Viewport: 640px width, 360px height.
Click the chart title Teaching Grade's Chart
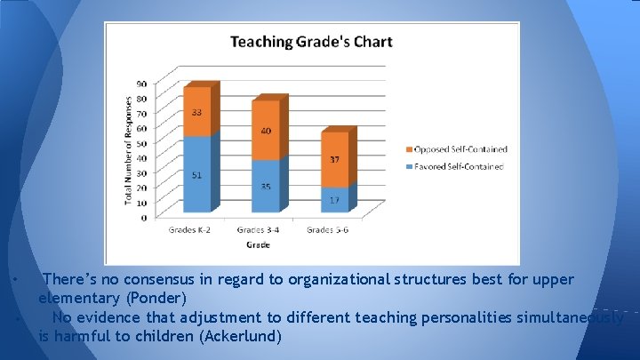[311, 42]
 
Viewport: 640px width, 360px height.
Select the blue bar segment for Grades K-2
[196, 174]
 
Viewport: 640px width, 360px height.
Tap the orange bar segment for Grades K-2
[196, 112]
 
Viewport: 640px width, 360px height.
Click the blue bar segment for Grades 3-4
[265, 186]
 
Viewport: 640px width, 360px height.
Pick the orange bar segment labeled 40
[265, 131]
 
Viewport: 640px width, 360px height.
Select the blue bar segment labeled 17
[333, 200]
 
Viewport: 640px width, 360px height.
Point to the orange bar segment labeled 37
[333, 160]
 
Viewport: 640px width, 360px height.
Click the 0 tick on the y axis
[144, 217]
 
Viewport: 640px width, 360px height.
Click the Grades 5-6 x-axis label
[329, 230]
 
